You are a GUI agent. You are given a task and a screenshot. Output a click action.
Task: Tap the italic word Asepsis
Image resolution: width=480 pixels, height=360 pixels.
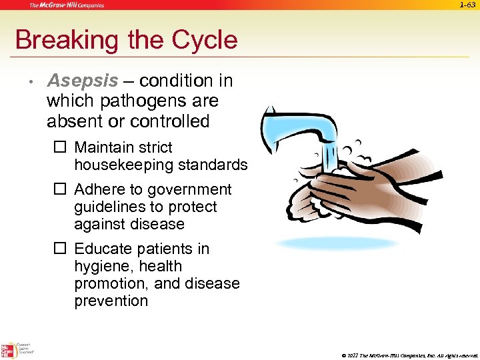(82, 81)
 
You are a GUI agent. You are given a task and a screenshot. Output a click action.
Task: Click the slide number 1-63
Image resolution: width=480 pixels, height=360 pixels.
(469, 5)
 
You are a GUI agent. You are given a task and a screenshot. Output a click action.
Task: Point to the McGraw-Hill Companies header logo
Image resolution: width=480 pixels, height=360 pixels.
(66, 5)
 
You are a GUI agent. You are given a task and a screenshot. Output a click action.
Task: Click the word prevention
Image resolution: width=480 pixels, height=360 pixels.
(111, 301)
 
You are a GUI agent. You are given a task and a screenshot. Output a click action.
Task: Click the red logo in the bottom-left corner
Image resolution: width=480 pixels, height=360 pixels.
(8, 349)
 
